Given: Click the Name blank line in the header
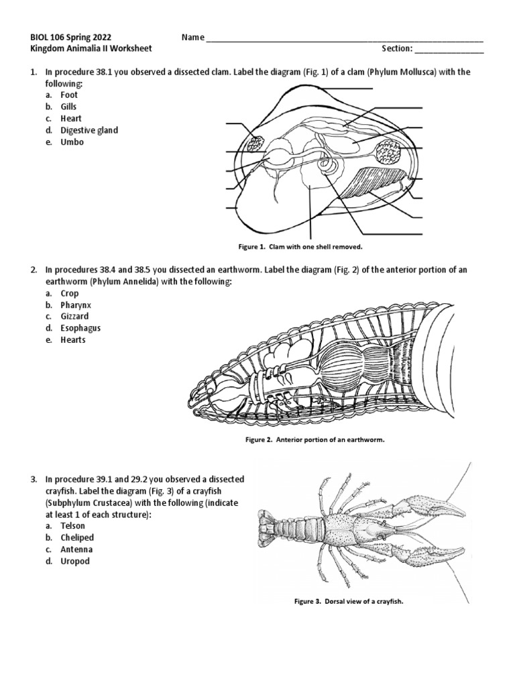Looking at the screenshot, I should (344, 39).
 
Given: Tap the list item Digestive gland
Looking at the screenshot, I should (89, 130).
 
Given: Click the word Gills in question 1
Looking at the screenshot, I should (68, 107).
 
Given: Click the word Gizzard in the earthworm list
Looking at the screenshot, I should (74, 316).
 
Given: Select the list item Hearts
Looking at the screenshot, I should (72, 339).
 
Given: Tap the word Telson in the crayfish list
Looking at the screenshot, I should (72, 526).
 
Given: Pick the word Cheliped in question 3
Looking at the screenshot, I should (76, 537).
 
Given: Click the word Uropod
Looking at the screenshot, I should (74, 561).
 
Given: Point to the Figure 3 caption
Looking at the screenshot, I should (339, 601).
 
